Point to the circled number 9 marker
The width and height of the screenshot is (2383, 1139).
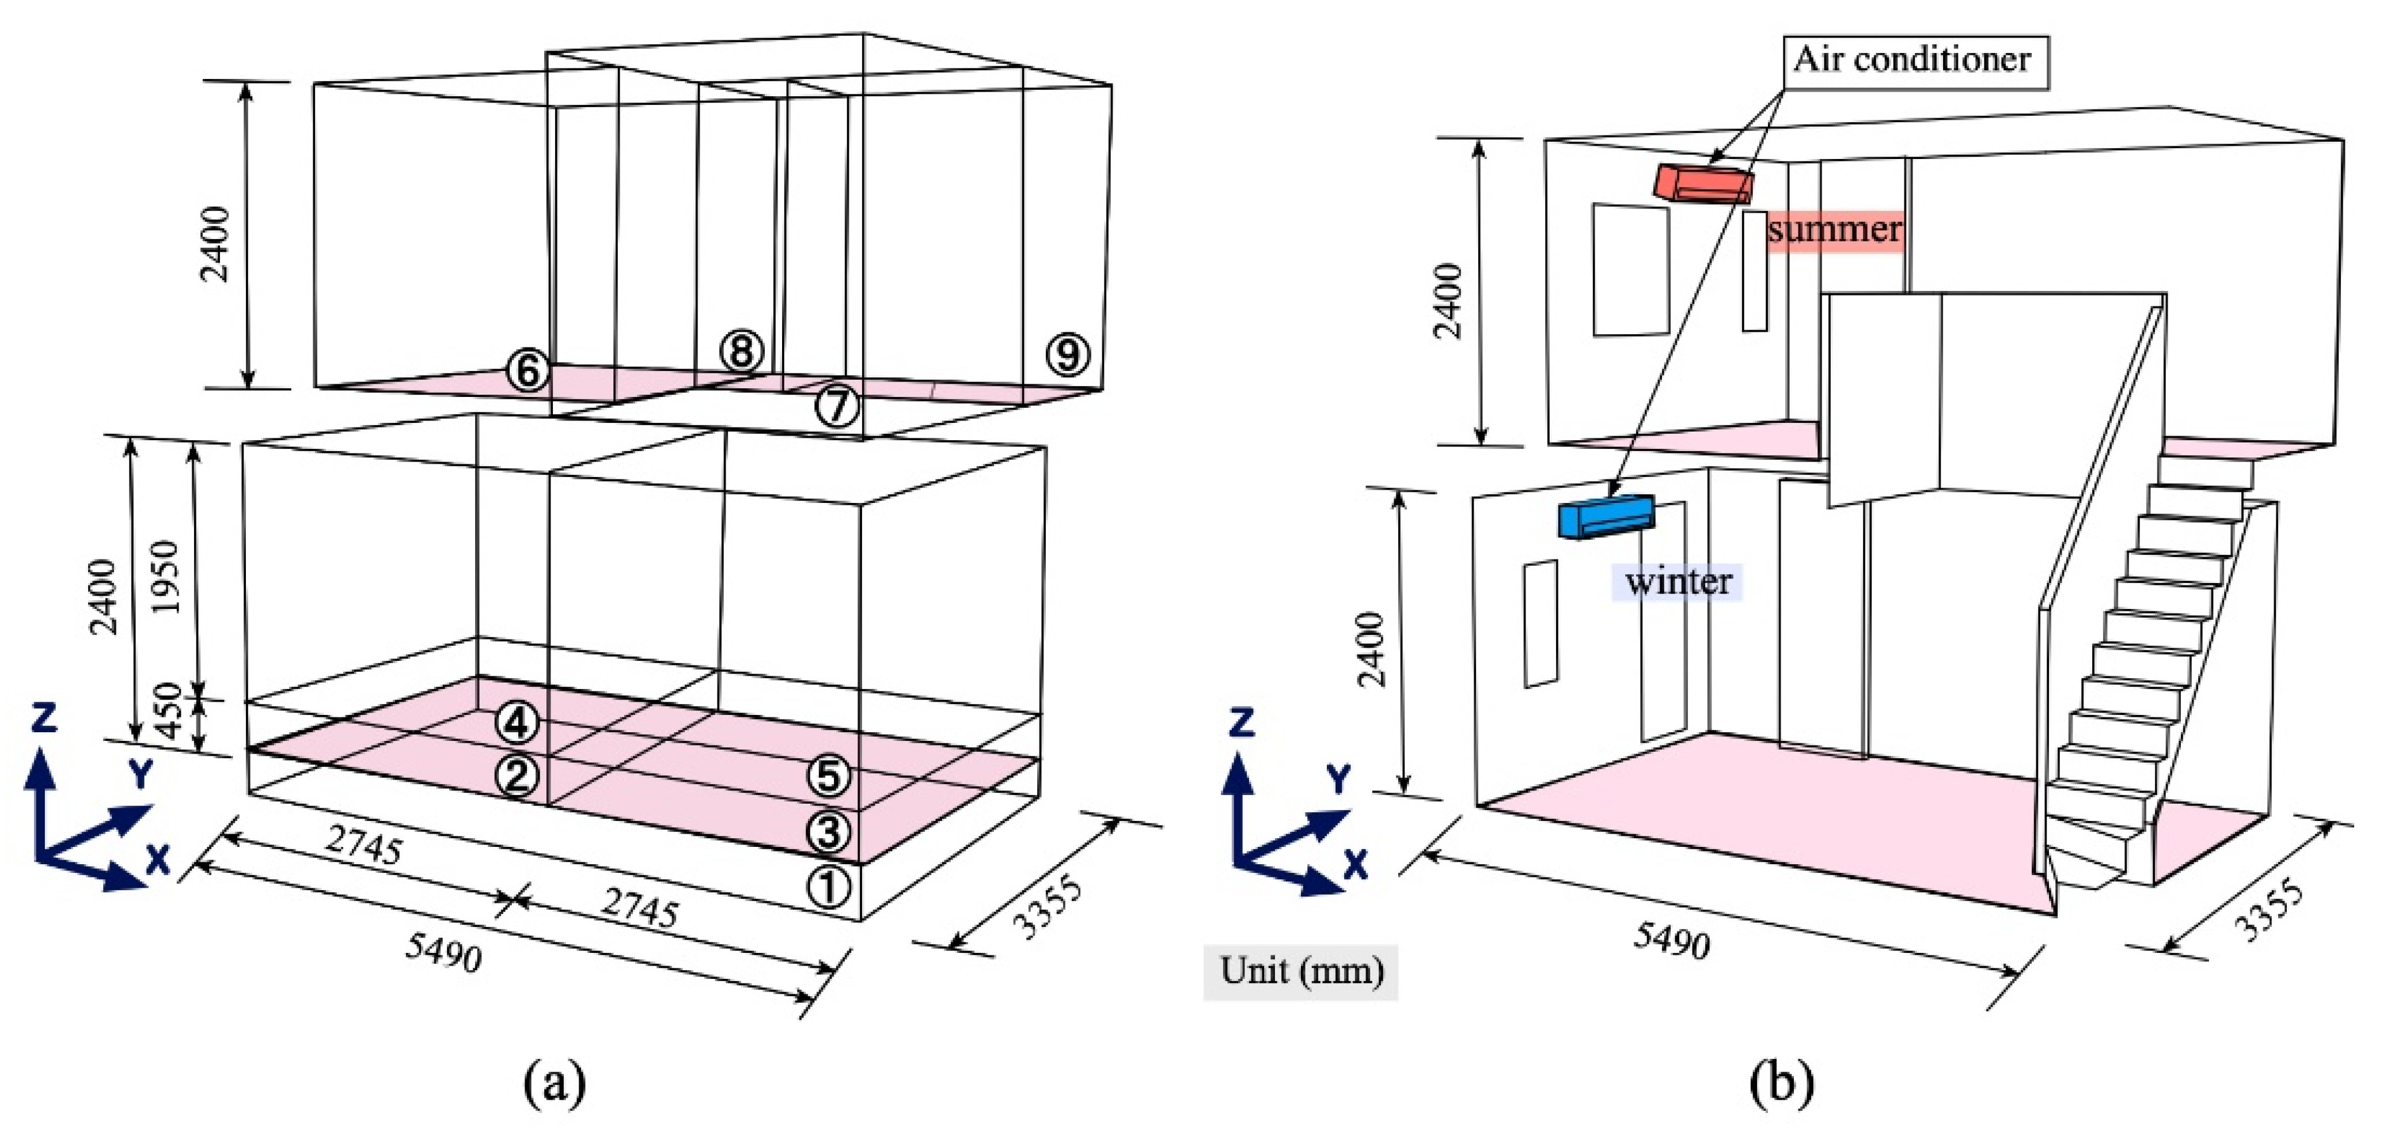pyautogui.click(x=1068, y=354)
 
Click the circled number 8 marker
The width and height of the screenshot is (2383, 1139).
pyautogui.click(x=742, y=351)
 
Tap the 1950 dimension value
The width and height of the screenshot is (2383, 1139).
pyautogui.click(x=166, y=577)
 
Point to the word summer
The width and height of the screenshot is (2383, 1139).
pyautogui.click(x=1834, y=229)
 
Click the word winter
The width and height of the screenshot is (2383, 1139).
pyautogui.click(x=1678, y=582)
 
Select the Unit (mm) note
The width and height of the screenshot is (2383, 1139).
pyautogui.click(x=1301, y=971)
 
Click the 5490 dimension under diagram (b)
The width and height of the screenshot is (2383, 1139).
pyautogui.click(x=1671, y=941)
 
